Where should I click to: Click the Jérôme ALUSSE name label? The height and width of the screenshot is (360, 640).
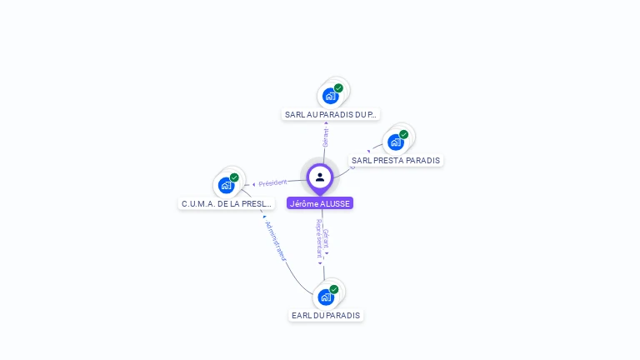tap(320, 203)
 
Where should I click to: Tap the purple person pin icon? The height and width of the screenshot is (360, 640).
tap(320, 177)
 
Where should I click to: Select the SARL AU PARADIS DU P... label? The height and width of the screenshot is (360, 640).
tap(331, 114)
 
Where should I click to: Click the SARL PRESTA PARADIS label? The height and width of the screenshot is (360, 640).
tap(396, 160)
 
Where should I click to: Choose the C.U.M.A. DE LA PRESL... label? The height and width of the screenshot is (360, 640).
tap(227, 203)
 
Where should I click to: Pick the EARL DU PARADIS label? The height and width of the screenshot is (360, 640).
tap(326, 315)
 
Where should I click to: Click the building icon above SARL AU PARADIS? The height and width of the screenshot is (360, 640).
tap(330, 96)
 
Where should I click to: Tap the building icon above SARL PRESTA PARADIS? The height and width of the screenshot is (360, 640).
tap(395, 142)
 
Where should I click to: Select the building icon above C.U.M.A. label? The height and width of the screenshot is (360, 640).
tap(226, 185)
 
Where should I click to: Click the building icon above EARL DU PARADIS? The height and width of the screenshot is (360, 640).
tap(325, 297)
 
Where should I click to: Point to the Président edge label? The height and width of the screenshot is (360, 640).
tap(272, 182)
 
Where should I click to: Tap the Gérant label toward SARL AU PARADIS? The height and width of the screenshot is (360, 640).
tap(326, 137)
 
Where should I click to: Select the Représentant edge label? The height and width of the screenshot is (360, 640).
tap(318, 237)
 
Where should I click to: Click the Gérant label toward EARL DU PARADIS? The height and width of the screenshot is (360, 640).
tap(326, 237)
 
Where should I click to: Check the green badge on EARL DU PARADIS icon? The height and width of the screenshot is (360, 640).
tap(334, 289)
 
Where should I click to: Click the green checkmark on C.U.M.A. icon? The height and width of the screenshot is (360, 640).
tap(234, 177)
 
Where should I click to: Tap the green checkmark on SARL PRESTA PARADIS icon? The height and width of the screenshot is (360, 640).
tap(403, 134)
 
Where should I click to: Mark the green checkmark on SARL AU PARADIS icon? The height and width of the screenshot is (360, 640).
tap(338, 88)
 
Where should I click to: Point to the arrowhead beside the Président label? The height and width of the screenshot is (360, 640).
tap(253, 184)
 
